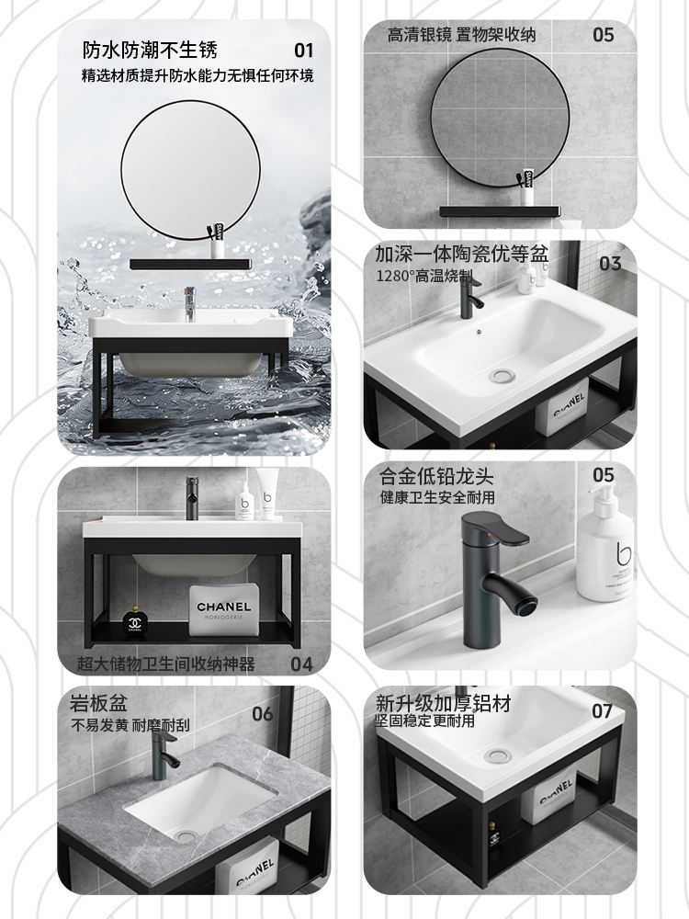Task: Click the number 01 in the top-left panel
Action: click(303, 50)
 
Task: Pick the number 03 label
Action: click(610, 264)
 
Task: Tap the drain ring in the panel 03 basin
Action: click(501, 375)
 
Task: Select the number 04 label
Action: click(301, 663)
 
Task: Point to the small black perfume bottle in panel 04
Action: click(135, 623)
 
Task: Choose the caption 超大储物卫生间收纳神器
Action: click(167, 664)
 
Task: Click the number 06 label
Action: click(263, 713)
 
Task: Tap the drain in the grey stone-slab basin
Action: click(183, 833)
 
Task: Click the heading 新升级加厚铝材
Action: click(443, 704)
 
